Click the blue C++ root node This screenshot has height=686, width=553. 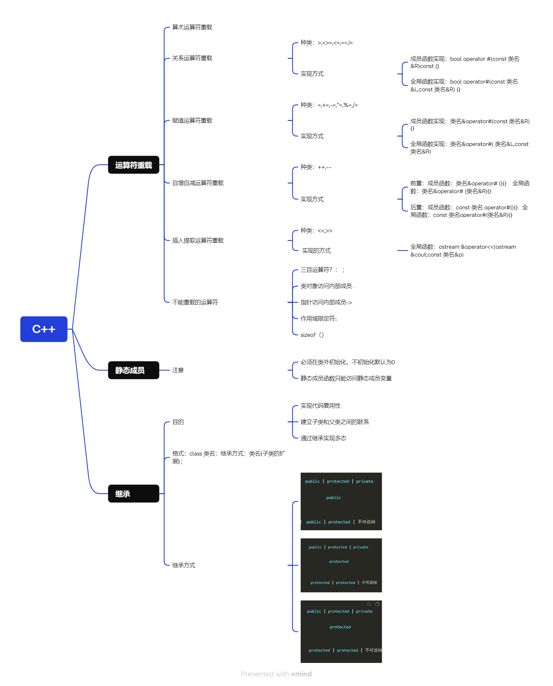coord(44,329)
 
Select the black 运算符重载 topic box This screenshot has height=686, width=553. coord(133,165)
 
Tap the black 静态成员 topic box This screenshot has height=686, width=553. coord(133,370)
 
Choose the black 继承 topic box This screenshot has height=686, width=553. coord(133,494)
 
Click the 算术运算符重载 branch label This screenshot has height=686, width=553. coord(192,27)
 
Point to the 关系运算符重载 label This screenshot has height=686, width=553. coord(192,58)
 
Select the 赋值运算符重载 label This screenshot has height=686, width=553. coord(192,121)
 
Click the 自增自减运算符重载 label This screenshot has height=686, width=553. coord(198,183)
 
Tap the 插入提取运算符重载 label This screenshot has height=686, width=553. coord(198,241)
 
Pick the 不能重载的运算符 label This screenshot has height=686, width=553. coord(195,302)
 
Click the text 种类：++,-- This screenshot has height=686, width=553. coord(315,167)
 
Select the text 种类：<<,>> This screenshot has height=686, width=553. coord(316,231)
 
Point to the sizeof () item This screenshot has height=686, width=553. coord(312,335)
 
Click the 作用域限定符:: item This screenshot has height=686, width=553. coord(319,319)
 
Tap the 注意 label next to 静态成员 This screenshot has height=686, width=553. coord(178,370)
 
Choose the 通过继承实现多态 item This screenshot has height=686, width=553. coord(323,438)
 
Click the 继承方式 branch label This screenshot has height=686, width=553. coord(183,565)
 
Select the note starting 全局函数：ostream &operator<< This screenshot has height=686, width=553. coord(463,251)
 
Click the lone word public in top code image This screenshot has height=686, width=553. coord(334,498)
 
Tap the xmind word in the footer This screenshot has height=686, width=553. coord(301,674)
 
